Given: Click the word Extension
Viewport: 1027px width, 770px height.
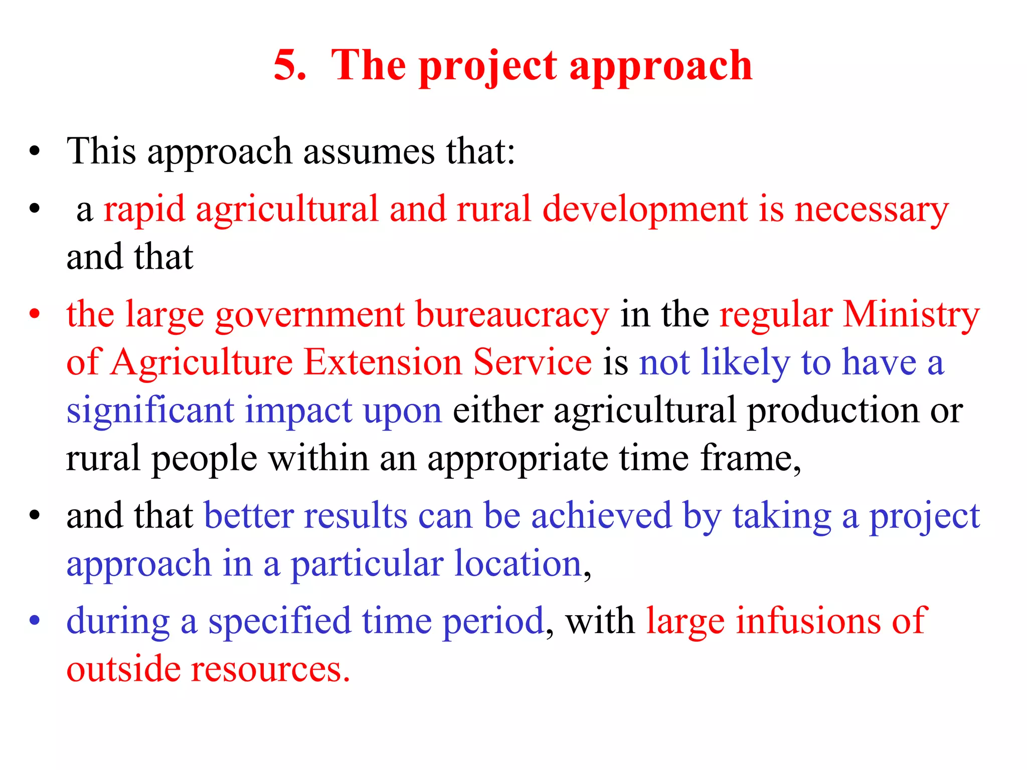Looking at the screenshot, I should [383, 362].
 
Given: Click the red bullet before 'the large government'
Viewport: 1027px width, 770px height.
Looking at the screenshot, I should [34, 315].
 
